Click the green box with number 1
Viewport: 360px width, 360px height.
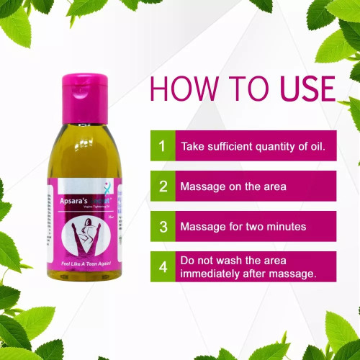pos(162,146)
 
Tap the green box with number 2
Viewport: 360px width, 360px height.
pos(162,186)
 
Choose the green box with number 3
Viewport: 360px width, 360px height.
pos(162,226)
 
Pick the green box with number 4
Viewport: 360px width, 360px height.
pos(162,266)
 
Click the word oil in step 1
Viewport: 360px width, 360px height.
pos(325,146)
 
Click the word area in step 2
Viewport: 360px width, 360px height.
pos(274,186)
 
